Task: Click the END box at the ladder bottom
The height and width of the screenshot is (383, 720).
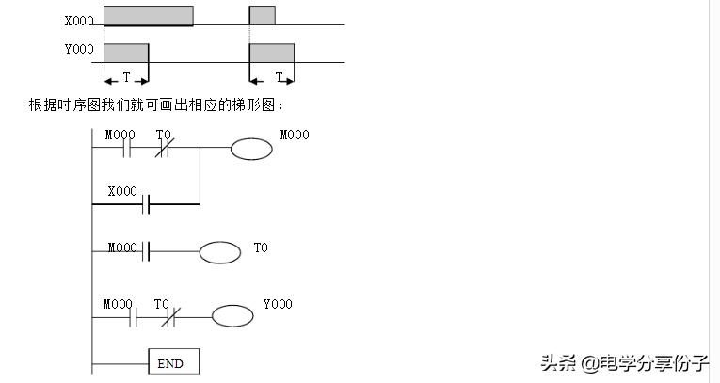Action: coord(173,362)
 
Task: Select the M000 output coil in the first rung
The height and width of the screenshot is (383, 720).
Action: coord(251,149)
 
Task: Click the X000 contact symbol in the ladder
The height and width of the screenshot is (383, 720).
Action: coord(146,203)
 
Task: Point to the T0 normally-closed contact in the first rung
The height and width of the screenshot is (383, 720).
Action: coord(163,149)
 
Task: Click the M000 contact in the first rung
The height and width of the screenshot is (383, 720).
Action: coord(127,149)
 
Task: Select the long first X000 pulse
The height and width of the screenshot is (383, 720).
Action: coord(148,15)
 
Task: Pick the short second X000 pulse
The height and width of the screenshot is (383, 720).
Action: coord(262,15)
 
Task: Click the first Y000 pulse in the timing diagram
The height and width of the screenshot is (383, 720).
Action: coord(126,53)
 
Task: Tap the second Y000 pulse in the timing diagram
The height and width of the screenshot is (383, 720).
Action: coord(271,53)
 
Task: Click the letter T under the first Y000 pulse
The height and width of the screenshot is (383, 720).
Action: coord(126,77)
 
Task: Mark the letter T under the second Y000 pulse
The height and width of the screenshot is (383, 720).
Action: coord(279,77)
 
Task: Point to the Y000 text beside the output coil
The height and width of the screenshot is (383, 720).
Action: coord(278,304)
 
